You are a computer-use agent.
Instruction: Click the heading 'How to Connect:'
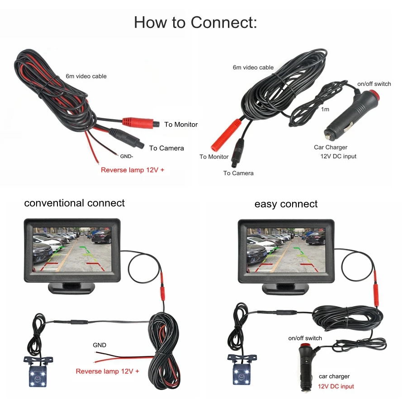pyautogui.click(x=195, y=22)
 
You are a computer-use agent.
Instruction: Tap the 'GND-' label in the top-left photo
pyautogui.click(x=127, y=157)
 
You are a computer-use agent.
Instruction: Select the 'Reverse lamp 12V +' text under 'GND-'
pyautogui.click(x=132, y=170)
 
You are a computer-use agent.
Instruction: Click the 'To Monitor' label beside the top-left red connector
pyautogui.click(x=181, y=125)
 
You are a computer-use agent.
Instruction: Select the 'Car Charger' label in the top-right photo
pyautogui.click(x=331, y=148)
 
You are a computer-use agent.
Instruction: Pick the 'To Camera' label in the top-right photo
pyautogui.click(x=238, y=173)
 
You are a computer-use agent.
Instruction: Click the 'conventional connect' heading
pyautogui.click(x=74, y=203)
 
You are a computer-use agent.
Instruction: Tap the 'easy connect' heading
pyautogui.click(x=286, y=204)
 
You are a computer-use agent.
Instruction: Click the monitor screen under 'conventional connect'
pyautogui.click(x=72, y=250)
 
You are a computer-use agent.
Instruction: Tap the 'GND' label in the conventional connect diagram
pyautogui.click(x=99, y=345)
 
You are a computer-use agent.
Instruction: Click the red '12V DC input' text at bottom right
pyautogui.click(x=336, y=386)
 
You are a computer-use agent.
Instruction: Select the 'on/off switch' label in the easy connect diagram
pyautogui.click(x=305, y=338)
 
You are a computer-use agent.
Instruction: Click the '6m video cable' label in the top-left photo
pyautogui.click(x=86, y=76)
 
